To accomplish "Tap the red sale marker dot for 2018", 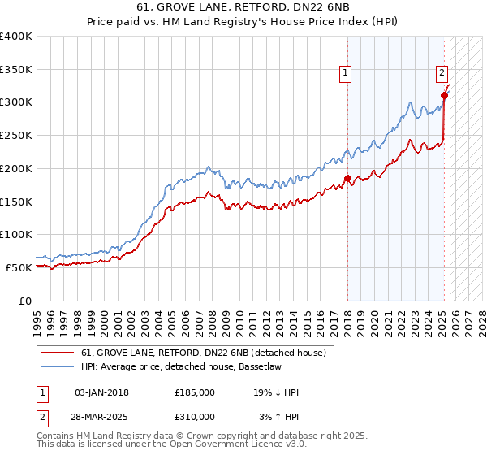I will pos(347,178).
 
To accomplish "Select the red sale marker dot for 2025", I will pos(444,95).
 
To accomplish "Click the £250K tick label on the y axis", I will pos(16,136).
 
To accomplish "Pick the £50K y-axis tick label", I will pos(19,267).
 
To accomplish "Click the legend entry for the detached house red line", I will pos(203,353).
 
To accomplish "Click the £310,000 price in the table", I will pos(195,416).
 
